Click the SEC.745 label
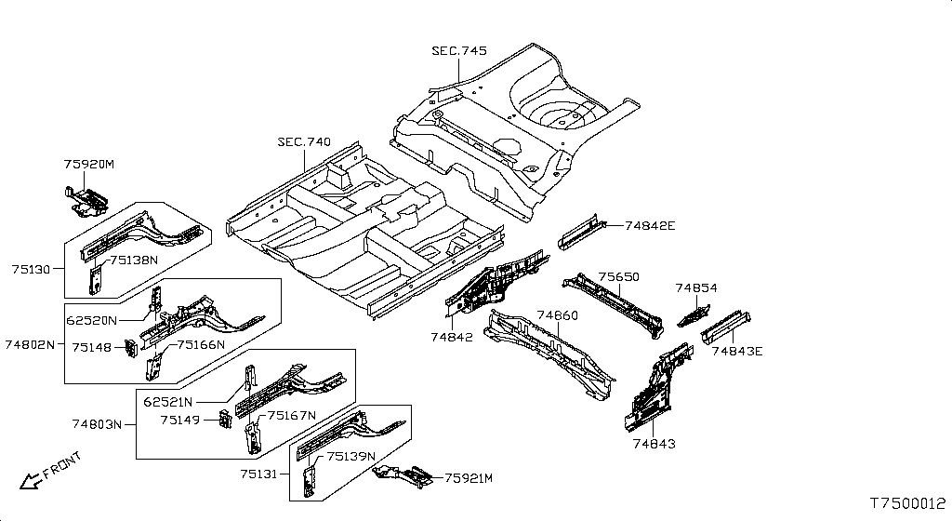pyautogui.click(x=459, y=51)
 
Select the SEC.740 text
pyautogui.click(x=304, y=142)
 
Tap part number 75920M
pyautogui.click(x=89, y=165)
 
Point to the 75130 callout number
pyautogui.click(x=31, y=269)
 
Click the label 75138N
pyautogui.click(x=134, y=260)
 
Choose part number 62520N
pyautogui.click(x=91, y=320)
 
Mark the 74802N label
pyautogui.click(x=30, y=344)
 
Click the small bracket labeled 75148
pyautogui.click(x=130, y=348)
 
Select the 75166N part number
pyautogui.click(x=201, y=345)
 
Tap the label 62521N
pyautogui.click(x=168, y=401)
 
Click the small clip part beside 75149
pyautogui.click(x=224, y=419)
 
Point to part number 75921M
pyautogui.click(x=469, y=478)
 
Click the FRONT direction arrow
pyautogui.click(x=28, y=481)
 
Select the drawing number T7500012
pyautogui.click(x=908, y=503)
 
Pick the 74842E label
pyautogui.click(x=650, y=226)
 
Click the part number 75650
pyautogui.click(x=618, y=277)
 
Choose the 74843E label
pyautogui.click(x=737, y=351)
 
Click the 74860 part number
pyautogui.click(x=558, y=315)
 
